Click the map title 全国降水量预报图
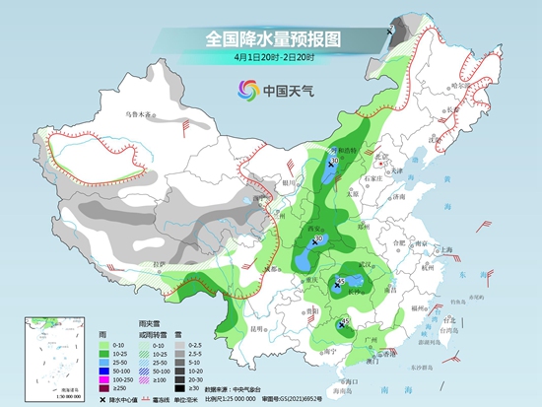[x=271, y=38]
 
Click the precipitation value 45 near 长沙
[x=340, y=281]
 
